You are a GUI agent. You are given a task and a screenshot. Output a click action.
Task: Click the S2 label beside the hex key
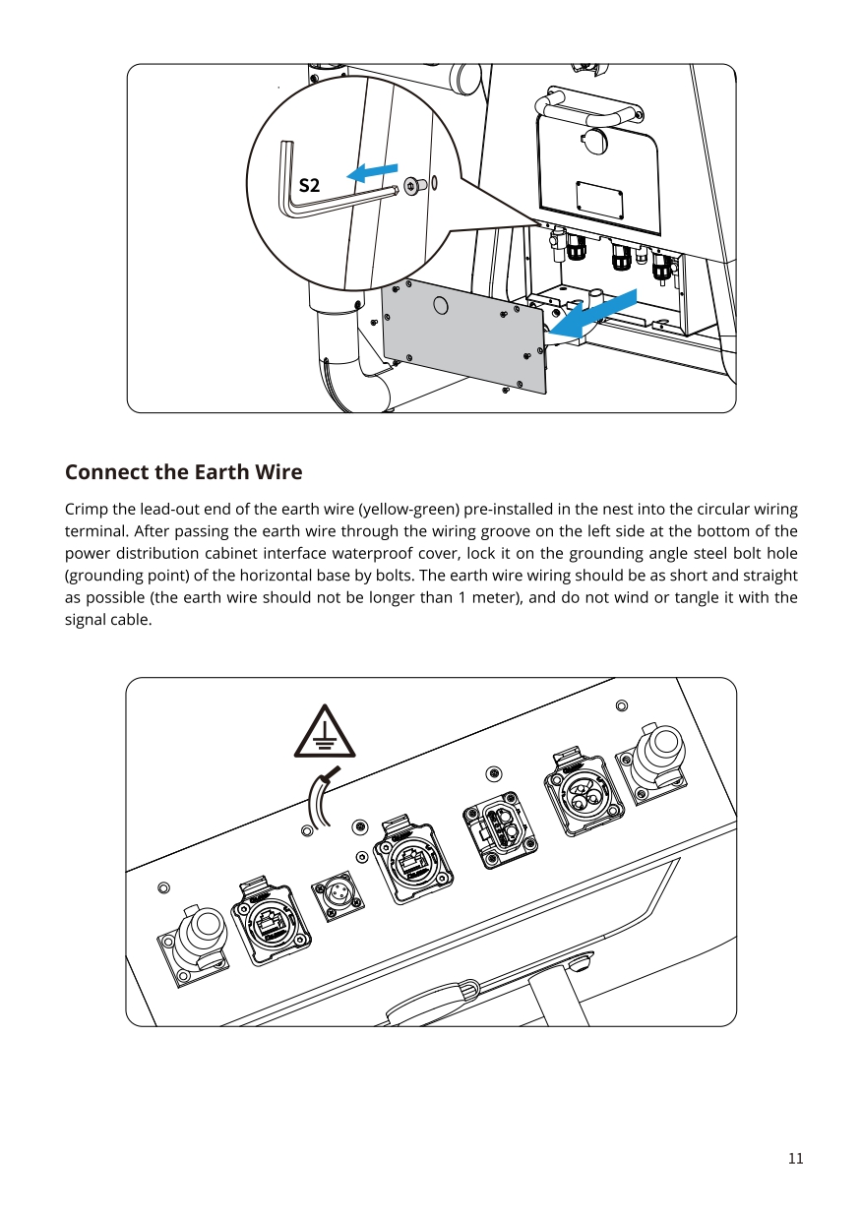(x=309, y=185)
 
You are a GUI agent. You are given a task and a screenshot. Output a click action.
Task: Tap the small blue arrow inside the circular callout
(x=374, y=172)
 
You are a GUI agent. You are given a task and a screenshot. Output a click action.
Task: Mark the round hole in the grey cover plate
(x=441, y=305)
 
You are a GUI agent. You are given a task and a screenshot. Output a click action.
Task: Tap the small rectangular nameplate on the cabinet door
(x=599, y=200)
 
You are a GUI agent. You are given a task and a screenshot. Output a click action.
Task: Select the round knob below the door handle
(x=594, y=140)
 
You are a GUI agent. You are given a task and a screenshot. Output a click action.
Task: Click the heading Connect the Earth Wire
(x=183, y=472)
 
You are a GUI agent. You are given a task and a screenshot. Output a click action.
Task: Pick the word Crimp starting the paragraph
(x=86, y=510)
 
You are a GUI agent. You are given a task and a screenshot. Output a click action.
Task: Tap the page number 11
(x=795, y=1158)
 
